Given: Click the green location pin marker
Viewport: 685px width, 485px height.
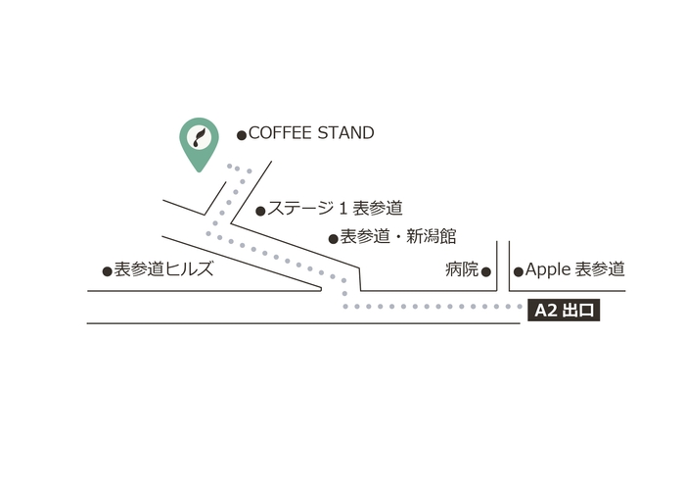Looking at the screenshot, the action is pyautogui.click(x=200, y=142).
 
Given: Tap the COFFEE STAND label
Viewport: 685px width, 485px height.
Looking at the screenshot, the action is pyautogui.click(x=311, y=133).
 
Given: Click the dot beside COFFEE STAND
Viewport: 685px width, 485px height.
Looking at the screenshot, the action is pyautogui.click(x=242, y=135).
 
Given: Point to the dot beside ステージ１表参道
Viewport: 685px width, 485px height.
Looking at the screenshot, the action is pyautogui.click(x=260, y=211).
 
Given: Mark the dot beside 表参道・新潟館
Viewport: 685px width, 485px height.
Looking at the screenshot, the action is pyautogui.click(x=334, y=238).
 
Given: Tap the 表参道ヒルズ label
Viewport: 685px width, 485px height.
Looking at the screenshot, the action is pyautogui.click(x=163, y=269).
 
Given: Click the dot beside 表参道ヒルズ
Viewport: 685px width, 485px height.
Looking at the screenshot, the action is pyautogui.click(x=108, y=271).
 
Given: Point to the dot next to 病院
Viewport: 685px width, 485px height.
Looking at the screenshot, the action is pyautogui.click(x=486, y=271).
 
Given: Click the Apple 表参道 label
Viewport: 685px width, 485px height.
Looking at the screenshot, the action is pyautogui.click(x=575, y=269).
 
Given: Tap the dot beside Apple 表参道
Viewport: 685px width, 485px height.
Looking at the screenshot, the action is pyautogui.click(x=519, y=271).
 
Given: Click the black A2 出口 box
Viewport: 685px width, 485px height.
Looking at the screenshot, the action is pyautogui.click(x=562, y=312).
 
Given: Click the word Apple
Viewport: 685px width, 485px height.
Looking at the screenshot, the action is pyautogui.click(x=546, y=269).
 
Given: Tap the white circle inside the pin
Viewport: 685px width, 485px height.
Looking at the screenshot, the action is pyautogui.click(x=200, y=136).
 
